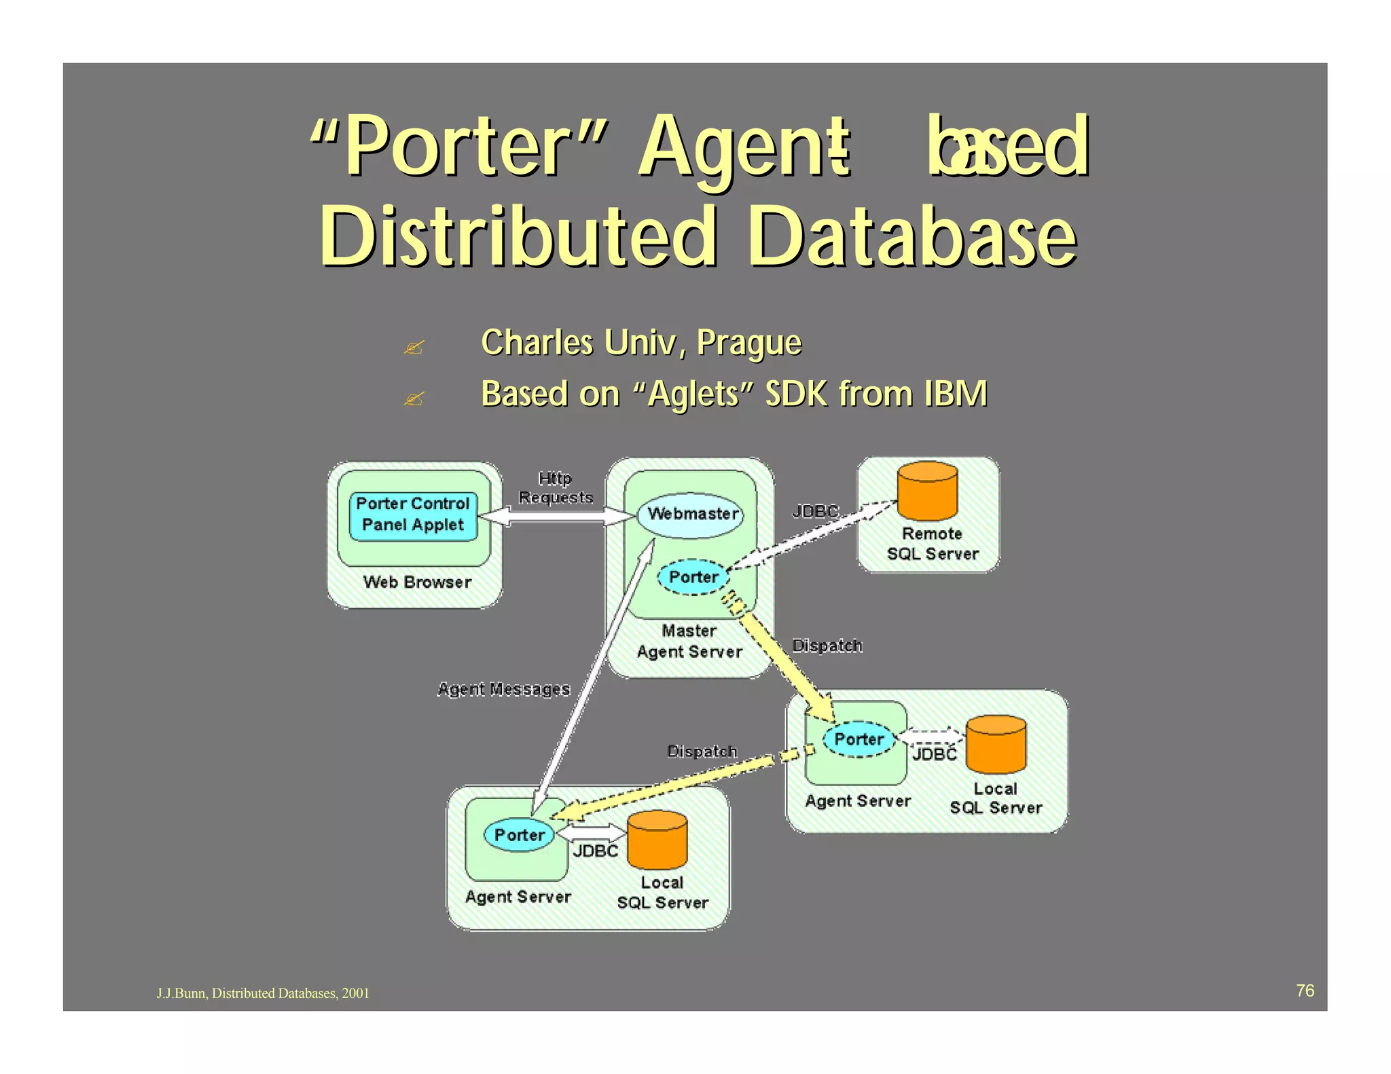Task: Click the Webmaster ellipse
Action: coord(691,515)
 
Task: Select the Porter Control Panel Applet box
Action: coord(413,515)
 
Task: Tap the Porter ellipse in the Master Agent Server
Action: coord(693,577)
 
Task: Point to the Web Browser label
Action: coord(417,582)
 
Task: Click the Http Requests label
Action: coord(556,488)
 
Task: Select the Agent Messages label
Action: coord(503,689)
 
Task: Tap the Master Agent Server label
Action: coord(689,641)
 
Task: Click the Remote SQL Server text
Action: coord(933,544)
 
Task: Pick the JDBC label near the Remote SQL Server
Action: coord(816,511)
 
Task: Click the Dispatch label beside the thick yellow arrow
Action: coord(827,645)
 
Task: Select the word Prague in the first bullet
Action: coord(749,342)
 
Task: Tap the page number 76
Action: coord(1305,990)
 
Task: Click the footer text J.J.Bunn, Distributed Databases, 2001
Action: coord(263,993)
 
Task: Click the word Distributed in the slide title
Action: coord(519,237)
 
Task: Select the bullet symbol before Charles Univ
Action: coord(414,348)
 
